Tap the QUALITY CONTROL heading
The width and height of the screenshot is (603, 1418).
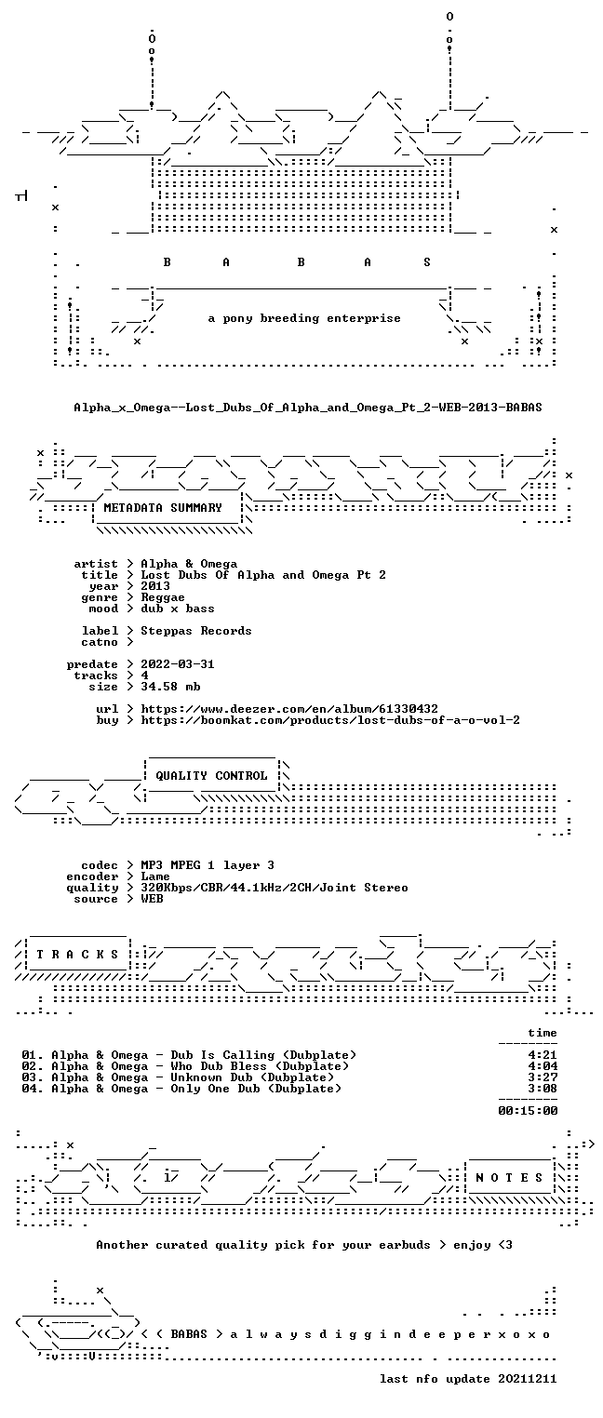click(x=211, y=775)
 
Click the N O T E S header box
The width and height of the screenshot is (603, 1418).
click(x=509, y=1177)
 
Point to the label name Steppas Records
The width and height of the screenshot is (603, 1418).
click(x=195, y=631)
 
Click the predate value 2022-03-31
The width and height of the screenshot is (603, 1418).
click(x=178, y=664)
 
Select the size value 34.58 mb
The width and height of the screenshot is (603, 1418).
click(x=170, y=687)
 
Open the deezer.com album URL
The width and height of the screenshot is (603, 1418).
click(x=289, y=708)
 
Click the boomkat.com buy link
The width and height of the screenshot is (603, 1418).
click(x=330, y=720)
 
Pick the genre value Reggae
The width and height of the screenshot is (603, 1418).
click(x=163, y=597)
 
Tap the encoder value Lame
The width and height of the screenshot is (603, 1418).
click(x=155, y=876)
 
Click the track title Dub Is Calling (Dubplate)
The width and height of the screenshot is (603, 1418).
click(x=263, y=1054)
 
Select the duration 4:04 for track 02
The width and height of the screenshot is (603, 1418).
click(x=543, y=1066)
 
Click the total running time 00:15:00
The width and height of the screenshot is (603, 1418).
click(x=528, y=1110)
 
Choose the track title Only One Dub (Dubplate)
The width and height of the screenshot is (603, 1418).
click(x=256, y=1089)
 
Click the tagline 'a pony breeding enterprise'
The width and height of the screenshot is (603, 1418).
click(x=304, y=318)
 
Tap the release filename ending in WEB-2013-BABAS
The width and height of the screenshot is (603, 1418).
click(x=308, y=407)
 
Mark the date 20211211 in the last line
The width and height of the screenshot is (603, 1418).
click(x=528, y=1378)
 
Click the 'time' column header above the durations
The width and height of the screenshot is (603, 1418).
click(x=543, y=1033)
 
